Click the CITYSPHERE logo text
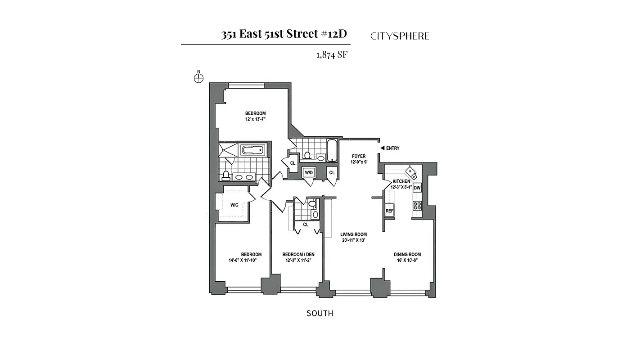click(x=400, y=36)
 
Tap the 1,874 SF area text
click(x=332, y=55)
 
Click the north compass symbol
click(x=198, y=78)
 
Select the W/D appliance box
click(x=309, y=173)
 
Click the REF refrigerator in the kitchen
click(x=389, y=211)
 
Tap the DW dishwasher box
click(x=417, y=188)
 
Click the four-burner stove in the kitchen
click(x=417, y=206)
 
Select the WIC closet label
click(x=234, y=205)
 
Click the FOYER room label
click(x=359, y=156)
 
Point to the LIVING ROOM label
click(x=353, y=234)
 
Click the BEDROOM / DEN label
click(x=298, y=254)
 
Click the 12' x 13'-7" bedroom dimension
click(x=255, y=119)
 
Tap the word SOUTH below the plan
click(x=320, y=313)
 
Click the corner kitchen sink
click(x=411, y=172)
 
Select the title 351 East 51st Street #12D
click(x=284, y=35)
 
